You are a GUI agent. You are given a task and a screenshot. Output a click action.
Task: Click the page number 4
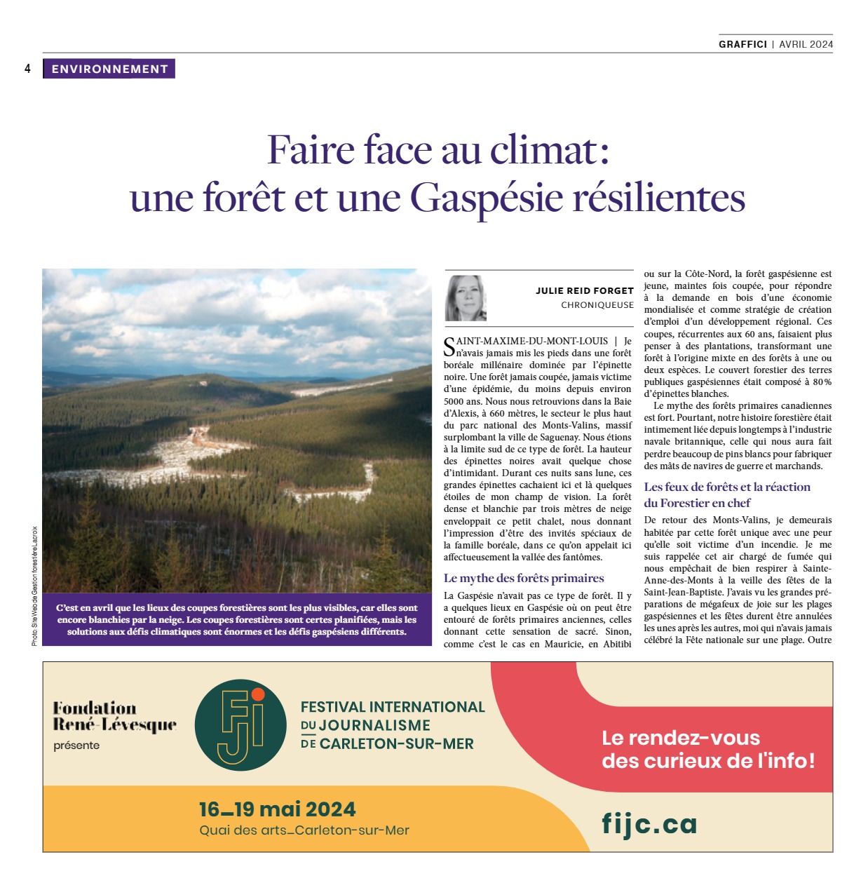point(28,69)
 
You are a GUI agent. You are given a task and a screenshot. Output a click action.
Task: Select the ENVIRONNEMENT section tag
point(109,69)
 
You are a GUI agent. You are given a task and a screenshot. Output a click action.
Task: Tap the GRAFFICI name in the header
point(743,44)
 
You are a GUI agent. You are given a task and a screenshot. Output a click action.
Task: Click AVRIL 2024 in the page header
point(806,44)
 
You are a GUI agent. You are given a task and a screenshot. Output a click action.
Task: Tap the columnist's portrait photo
point(466,298)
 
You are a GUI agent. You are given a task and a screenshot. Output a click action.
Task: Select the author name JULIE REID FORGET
point(584,290)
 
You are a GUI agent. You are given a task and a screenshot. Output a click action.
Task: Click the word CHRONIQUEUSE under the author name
point(597,305)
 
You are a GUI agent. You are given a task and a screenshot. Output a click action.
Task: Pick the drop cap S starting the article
point(449,346)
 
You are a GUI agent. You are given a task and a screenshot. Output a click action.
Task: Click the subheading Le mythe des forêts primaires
point(524,579)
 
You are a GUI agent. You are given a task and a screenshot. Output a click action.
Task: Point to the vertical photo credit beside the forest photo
point(34,586)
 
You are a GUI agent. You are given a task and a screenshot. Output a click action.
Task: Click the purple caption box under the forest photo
point(237,620)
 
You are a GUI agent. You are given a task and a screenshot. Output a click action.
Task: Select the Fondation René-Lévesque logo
point(114,717)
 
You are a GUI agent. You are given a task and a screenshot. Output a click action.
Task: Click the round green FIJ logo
point(240,725)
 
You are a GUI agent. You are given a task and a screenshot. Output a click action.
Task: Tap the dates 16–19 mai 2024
point(277,809)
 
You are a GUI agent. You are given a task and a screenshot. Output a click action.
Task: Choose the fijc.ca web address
point(649,823)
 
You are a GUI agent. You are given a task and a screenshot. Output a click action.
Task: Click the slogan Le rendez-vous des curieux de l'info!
point(708,749)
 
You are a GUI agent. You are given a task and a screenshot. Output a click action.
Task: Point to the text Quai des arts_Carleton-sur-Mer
point(304,831)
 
